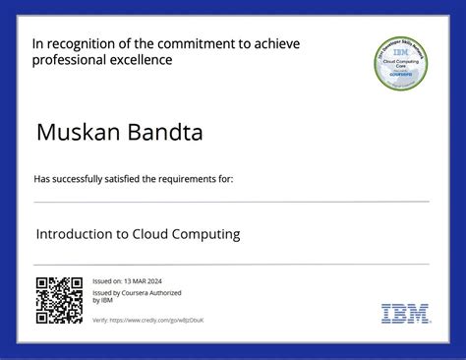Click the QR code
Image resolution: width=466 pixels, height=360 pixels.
pos(59,301)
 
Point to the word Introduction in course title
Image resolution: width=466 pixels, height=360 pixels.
pos(76,235)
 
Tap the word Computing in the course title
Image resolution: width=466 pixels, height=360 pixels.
pos(203,235)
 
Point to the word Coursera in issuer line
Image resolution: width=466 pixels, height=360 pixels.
pos(135,292)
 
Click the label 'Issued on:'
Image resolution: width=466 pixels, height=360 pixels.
pos(106,281)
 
